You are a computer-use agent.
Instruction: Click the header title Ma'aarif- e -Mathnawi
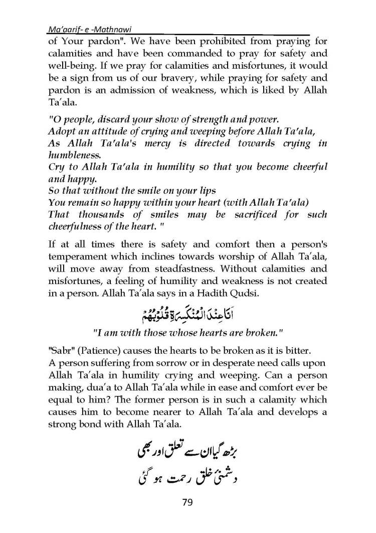pyautogui.click(x=85, y=29)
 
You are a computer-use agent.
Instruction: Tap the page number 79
pyautogui.click(x=187, y=502)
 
